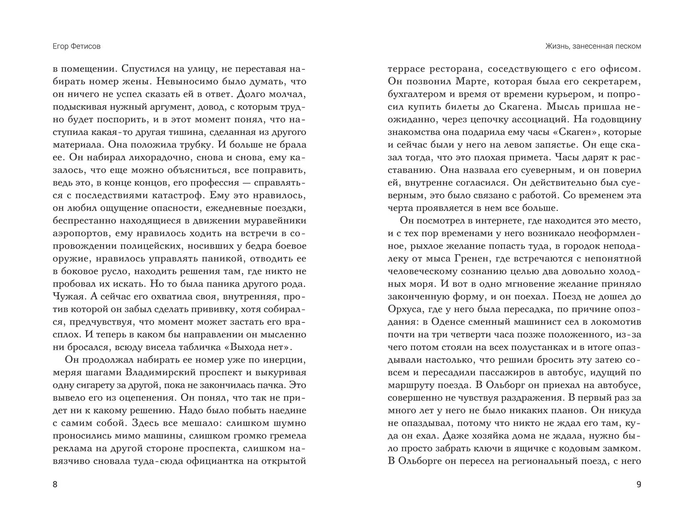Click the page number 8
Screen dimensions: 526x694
coord(54,485)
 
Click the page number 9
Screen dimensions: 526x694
coord(638,485)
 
